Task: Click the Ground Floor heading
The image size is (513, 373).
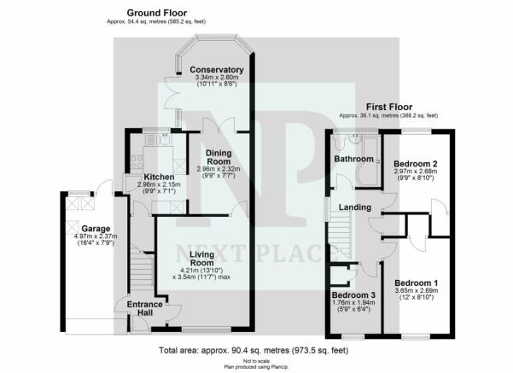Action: tap(157, 13)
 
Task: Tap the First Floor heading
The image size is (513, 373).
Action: tap(389, 107)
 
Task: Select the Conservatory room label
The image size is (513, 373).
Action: tap(217, 70)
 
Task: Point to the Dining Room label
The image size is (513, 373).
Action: tap(219, 157)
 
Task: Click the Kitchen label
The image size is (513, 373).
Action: tap(159, 177)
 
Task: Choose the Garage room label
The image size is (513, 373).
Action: tap(96, 229)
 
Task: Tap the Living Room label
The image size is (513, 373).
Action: tap(202, 259)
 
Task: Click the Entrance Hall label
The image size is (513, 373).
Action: tap(144, 308)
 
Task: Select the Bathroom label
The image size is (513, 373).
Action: tap(353, 159)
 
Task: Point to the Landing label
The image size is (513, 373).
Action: tap(355, 207)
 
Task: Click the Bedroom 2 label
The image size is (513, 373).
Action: tap(416, 164)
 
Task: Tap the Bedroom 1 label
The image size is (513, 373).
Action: tap(417, 283)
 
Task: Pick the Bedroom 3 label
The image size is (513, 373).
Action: tap(353, 295)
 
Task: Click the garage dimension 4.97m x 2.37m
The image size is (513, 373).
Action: tap(96, 236)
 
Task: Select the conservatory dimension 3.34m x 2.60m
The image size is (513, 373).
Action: tap(217, 78)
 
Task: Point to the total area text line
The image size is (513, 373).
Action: tap(254, 351)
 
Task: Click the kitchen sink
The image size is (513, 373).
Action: tap(162, 140)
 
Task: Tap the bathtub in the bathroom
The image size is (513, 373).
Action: tap(368, 162)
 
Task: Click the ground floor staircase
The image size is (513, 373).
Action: tap(142, 266)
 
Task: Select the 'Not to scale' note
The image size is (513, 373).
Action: tap(256, 361)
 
